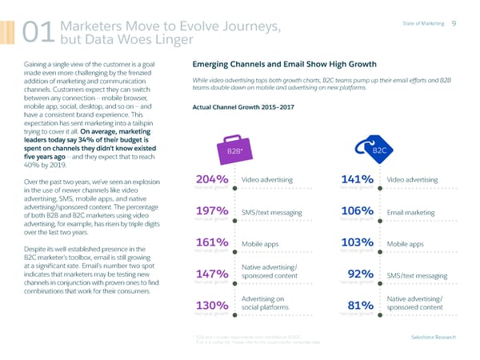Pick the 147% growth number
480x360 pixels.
[x=214, y=275]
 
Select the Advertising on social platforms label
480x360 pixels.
[x=266, y=302]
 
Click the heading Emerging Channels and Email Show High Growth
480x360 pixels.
[x=295, y=66]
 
